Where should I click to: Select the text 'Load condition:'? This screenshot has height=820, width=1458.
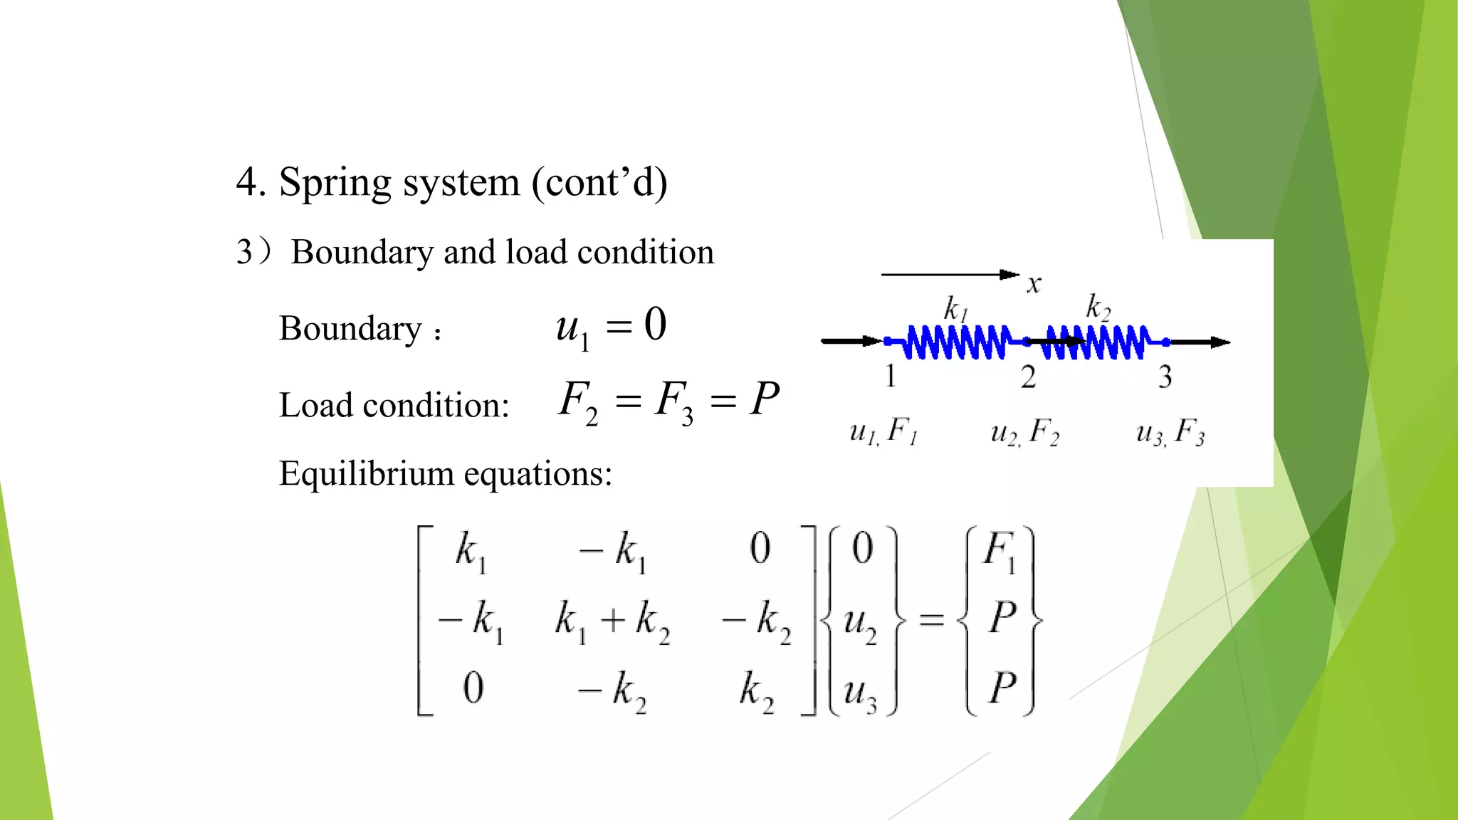(394, 405)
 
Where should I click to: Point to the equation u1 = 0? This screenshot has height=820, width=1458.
(611, 327)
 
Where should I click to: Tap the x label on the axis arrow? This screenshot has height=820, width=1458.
(1034, 285)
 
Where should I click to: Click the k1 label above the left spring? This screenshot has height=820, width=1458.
(955, 309)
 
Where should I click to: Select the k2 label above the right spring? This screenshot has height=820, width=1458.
(1098, 307)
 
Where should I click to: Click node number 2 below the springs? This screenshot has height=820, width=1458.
(1027, 377)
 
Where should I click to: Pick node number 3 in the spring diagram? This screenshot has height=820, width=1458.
(1165, 377)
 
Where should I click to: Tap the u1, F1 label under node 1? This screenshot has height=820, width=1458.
(883, 432)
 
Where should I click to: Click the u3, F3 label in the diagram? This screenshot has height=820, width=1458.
(1170, 432)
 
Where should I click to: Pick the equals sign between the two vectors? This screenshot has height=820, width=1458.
(931, 620)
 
